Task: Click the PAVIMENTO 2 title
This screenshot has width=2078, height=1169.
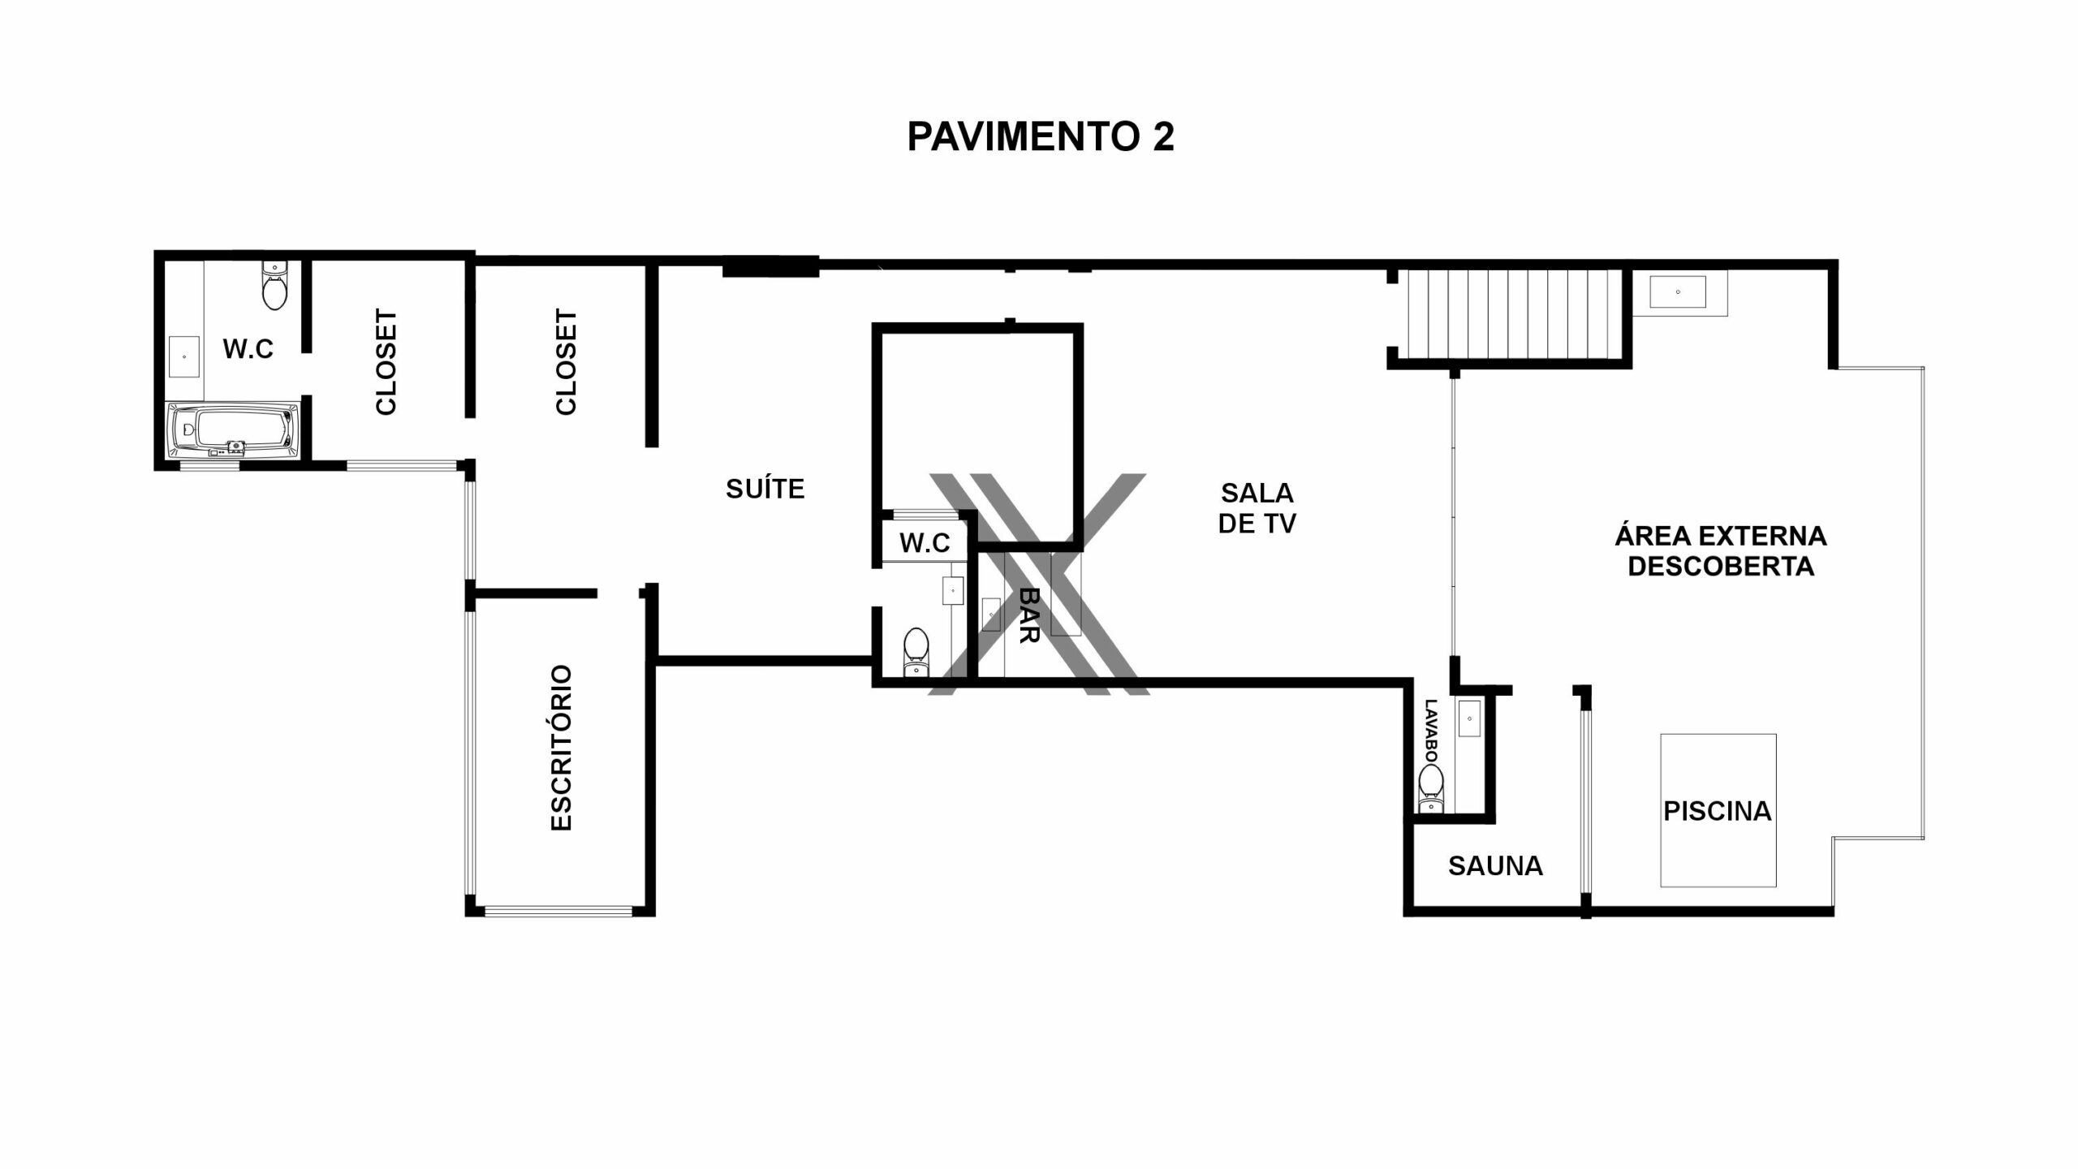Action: tap(1040, 136)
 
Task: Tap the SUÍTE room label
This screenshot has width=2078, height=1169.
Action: tap(765, 489)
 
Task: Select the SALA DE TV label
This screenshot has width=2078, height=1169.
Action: tap(1257, 508)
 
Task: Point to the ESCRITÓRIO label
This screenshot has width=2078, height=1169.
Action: tap(562, 748)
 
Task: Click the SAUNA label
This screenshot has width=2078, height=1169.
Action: tap(1495, 866)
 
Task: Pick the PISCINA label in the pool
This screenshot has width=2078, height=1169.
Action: tap(1718, 811)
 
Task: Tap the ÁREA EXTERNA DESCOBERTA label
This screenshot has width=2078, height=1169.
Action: tap(1721, 550)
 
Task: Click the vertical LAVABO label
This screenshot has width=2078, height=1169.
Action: tap(1430, 731)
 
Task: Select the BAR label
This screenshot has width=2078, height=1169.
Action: tap(1028, 615)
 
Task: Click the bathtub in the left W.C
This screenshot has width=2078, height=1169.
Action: tap(232, 430)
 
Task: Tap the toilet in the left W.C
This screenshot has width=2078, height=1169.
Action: tap(274, 285)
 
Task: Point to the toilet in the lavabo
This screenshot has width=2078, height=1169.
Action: tap(1431, 790)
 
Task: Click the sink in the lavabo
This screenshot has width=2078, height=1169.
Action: tap(1470, 718)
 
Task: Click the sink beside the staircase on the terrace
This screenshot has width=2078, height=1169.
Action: tap(1678, 292)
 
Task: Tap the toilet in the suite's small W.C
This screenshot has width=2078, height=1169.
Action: tap(916, 650)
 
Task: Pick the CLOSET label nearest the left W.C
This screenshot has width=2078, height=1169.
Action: tap(386, 362)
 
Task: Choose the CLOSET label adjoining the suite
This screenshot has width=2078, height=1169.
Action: tap(566, 362)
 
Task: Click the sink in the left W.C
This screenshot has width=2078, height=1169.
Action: tap(184, 356)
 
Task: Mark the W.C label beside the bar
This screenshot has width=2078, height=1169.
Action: tap(925, 543)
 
